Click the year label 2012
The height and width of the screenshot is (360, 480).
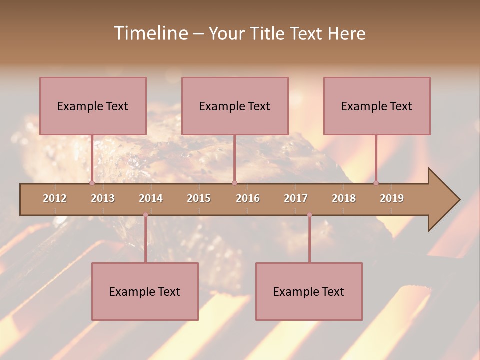pyautogui.click(x=55, y=198)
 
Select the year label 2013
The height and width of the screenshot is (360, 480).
pyautogui.click(x=103, y=198)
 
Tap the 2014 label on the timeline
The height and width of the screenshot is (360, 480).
pyautogui.click(x=151, y=198)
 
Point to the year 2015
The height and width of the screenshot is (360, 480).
pyautogui.click(x=199, y=198)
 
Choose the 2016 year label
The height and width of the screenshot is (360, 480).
pyautogui.click(x=248, y=198)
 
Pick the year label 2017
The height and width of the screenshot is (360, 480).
pyautogui.click(x=296, y=198)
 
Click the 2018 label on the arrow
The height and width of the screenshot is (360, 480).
pyautogui.click(x=344, y=198)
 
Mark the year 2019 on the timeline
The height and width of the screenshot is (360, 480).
pyautogui.click(x=392, y=198)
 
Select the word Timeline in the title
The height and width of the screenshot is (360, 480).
pyautogui.click(x=150, y=33)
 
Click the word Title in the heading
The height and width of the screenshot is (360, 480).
pyautogui.click(x=267, y=33)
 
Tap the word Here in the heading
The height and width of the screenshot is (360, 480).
pyautogui.click(x=346, y=33)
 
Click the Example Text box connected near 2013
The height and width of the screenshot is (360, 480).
pyautogui.click(x=93, y=106)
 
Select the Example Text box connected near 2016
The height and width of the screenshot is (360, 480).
pyautogui.click(x=235, y=106)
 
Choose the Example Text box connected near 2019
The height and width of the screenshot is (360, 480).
pyautogui.click(x=377, y=106)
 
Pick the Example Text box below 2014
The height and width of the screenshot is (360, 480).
pyautogui.click(x=145, y=291)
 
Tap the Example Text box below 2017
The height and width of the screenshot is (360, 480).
pyautogui.click(x=309, y=291)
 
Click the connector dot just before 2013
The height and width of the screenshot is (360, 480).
pyautogui.click(x=92, y=183)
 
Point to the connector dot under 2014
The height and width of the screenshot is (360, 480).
pyautogui.click(x=145, y=215)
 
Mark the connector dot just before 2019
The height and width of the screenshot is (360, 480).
pyautogui.click(x=376, y=183)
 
